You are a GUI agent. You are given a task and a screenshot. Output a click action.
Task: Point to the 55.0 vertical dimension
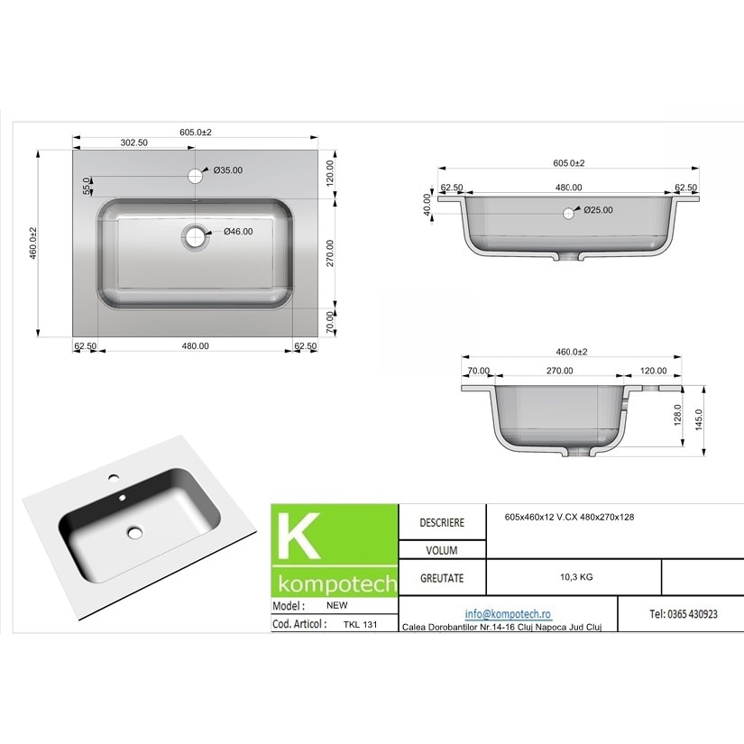click(87, 186)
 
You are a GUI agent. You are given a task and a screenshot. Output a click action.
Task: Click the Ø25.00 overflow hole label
click(598, 210)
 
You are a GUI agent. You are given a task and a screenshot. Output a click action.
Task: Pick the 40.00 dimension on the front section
click(427, 204)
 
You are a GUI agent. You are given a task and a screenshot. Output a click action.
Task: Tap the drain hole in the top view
click(194, 237)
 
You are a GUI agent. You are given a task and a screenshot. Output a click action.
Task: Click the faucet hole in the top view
click(195, 174)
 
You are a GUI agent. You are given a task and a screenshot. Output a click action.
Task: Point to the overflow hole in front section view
click(568, 214)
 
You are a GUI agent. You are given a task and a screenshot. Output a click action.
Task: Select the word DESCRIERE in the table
click(442, 523)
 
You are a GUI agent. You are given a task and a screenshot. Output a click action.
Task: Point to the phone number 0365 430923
click(683, 613)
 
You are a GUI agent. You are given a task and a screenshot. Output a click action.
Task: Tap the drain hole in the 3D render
click(135, 532)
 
